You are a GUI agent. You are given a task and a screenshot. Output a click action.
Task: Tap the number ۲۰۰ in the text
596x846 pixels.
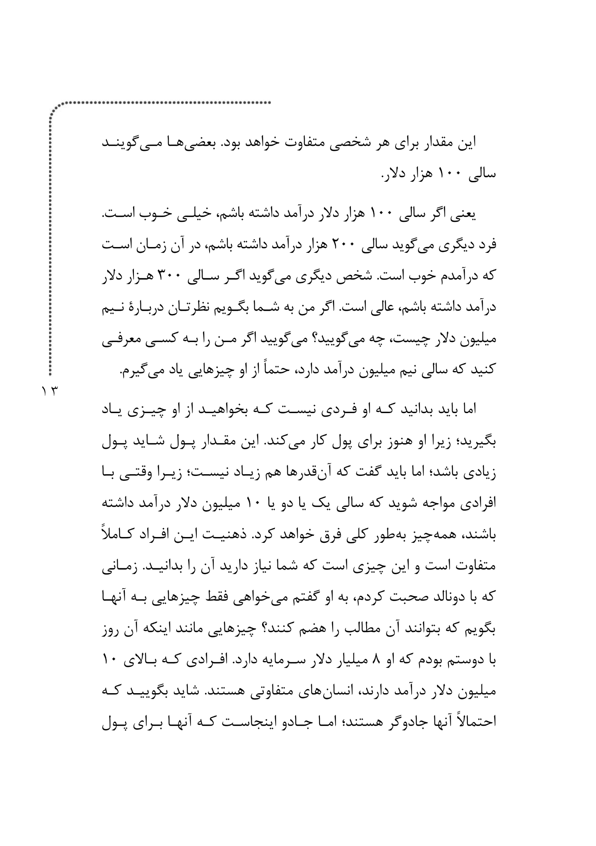[x=350, y=247]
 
